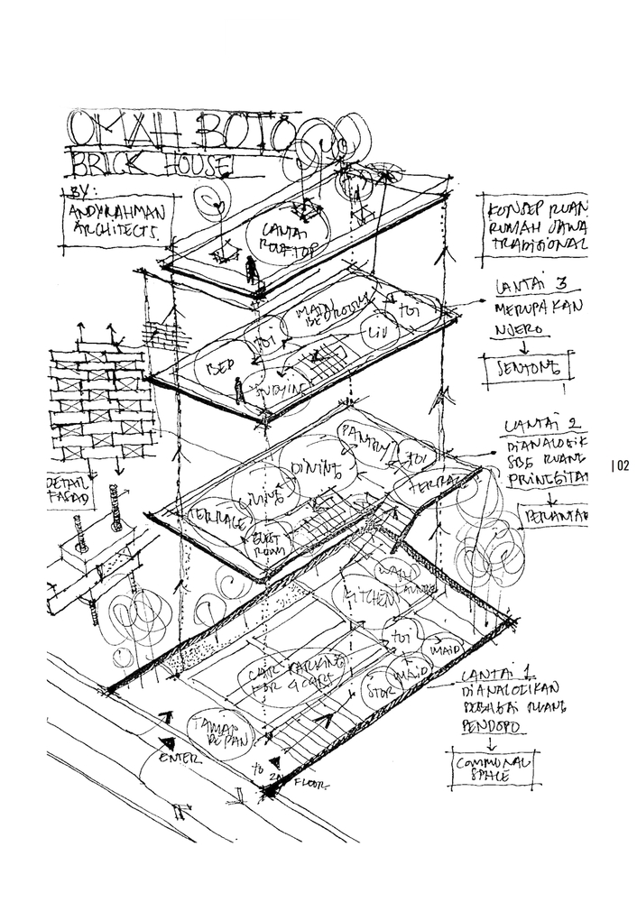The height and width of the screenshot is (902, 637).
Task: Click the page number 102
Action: pos(619,465)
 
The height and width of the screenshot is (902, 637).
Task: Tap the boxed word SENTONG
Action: pos(529,367)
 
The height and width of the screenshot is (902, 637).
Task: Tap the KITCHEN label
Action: pos(369,596)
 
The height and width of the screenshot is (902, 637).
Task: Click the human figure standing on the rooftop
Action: pos(251,268)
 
